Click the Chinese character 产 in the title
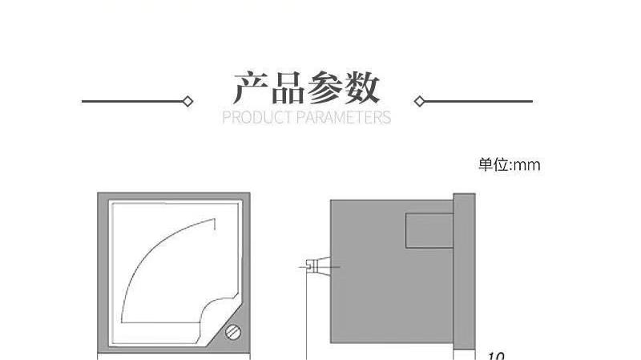(x=249, y=87)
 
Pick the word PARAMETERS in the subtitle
(x=344, y=119)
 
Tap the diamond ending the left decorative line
(x=188, y=102)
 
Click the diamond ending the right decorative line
(x=418, y=102)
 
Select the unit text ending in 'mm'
(x=510, y=165)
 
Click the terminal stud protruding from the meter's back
(x=316, y=265)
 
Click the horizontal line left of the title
(x=133, y=102)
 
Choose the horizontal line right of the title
(x=478, y=102)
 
